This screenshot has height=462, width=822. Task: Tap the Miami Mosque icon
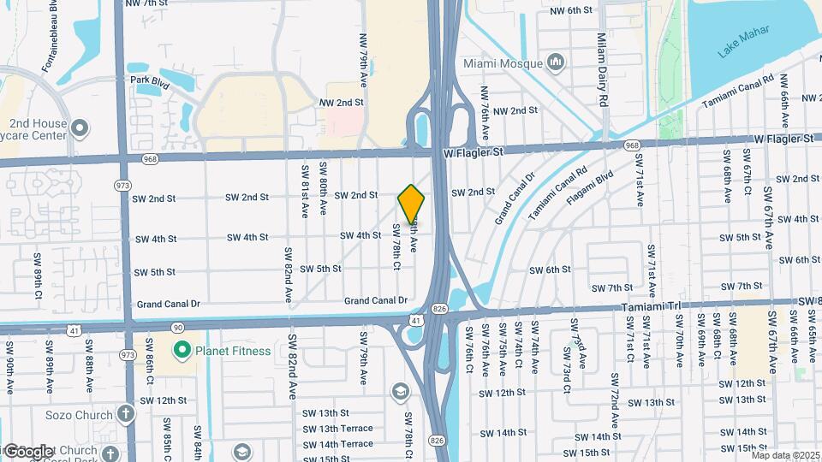[557, 62]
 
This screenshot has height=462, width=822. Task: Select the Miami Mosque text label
[503, 63]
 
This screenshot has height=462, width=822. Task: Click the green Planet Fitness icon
[182, 350]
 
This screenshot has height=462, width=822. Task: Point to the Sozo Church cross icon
[126, 415]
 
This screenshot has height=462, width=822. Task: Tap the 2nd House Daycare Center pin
[80, 129]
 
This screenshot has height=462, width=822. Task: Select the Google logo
[27, 451]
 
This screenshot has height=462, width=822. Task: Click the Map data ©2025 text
[785, 455]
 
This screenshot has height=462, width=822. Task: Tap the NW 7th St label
[146, 3]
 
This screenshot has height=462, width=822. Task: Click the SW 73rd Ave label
[569, 349]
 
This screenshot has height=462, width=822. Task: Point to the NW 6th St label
[571, 10]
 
